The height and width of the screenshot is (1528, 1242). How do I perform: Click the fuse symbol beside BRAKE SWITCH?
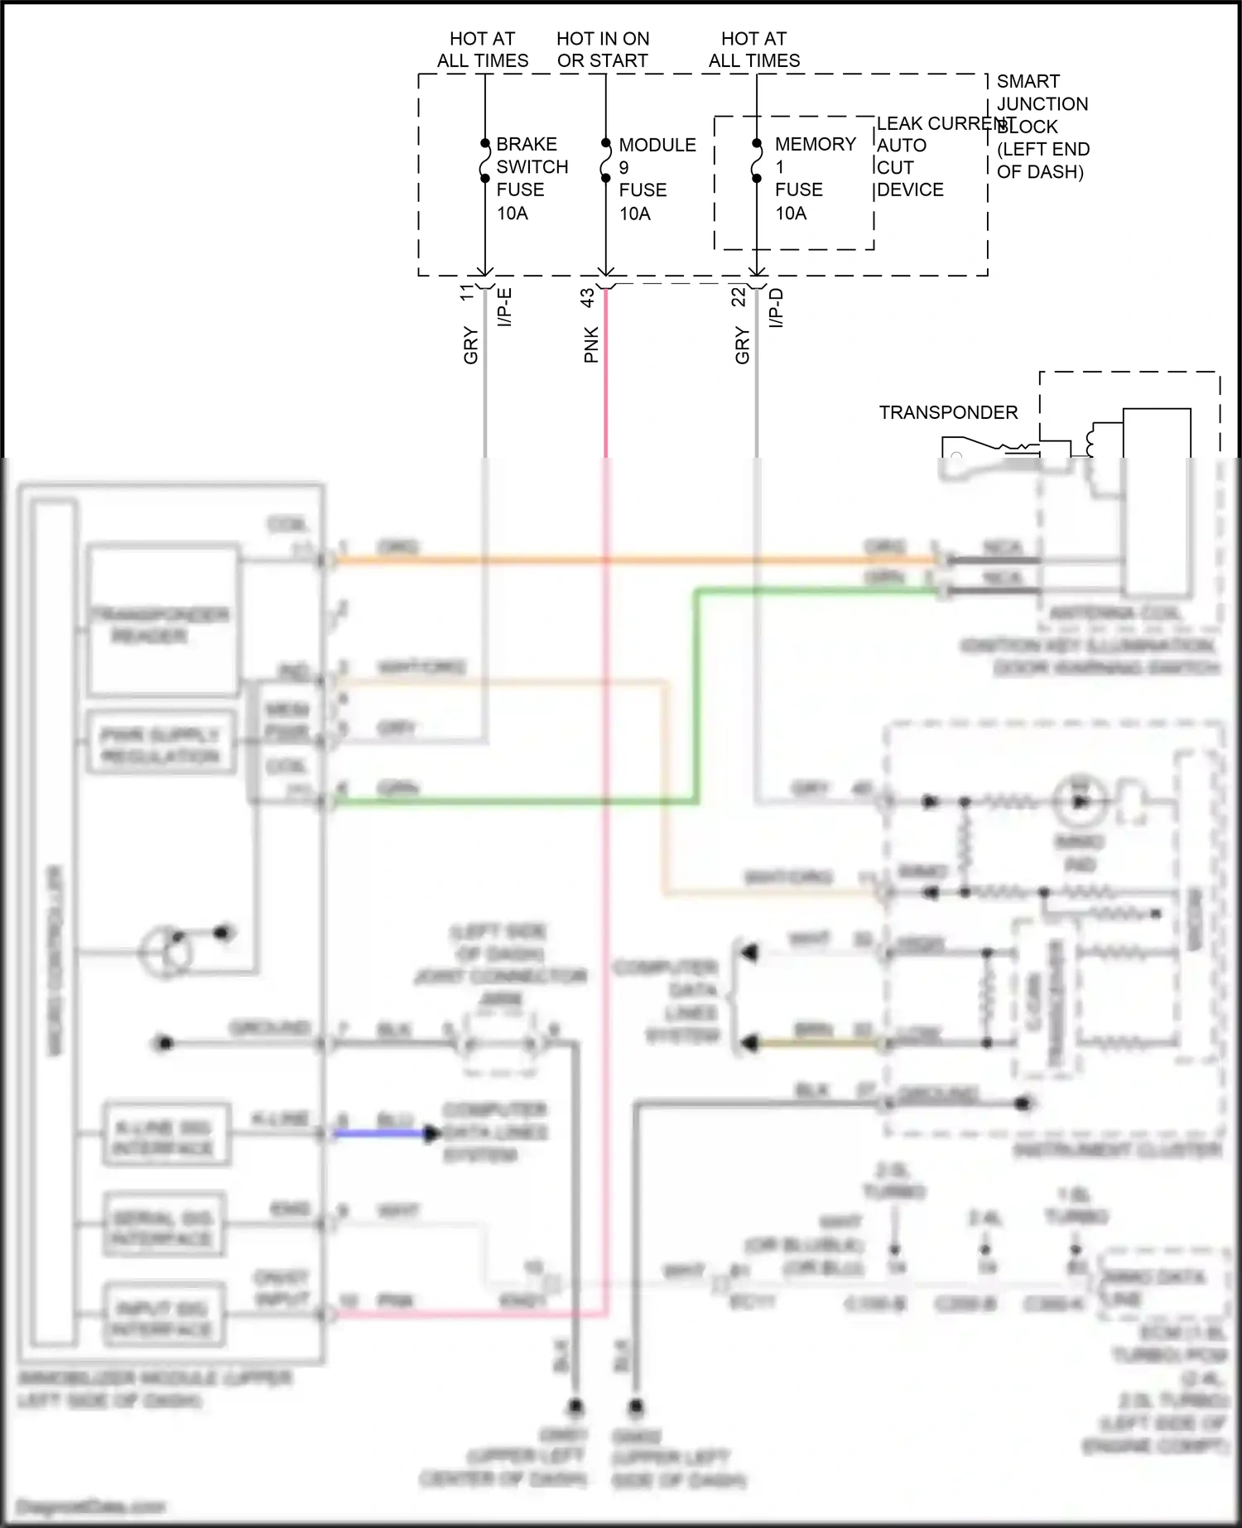[485, 161]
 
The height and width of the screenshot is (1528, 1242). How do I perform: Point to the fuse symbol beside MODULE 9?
[606, 161]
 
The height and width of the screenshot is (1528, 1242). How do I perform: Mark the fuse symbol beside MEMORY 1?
[757, 161]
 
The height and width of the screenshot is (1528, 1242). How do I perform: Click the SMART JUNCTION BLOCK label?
[1042, 126]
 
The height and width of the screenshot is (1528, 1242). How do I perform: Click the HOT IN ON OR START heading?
[603, 50]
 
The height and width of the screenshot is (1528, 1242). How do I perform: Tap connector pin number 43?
[587, 298]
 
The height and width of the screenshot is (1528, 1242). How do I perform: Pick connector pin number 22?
[739, 296]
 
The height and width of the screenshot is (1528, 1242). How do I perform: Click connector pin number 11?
[467, 292]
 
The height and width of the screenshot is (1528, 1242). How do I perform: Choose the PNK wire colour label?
[591, 345]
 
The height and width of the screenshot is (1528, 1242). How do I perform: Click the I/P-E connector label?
[504, 307]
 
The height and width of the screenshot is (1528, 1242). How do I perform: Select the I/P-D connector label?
[776, 307]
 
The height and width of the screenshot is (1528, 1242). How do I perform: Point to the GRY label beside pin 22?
[742, 345]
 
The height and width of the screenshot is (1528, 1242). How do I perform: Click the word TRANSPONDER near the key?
[948, 412]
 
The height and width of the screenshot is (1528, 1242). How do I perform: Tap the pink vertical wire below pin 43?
[606, 389]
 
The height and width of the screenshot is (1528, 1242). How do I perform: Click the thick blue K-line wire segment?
[381, 1133]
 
